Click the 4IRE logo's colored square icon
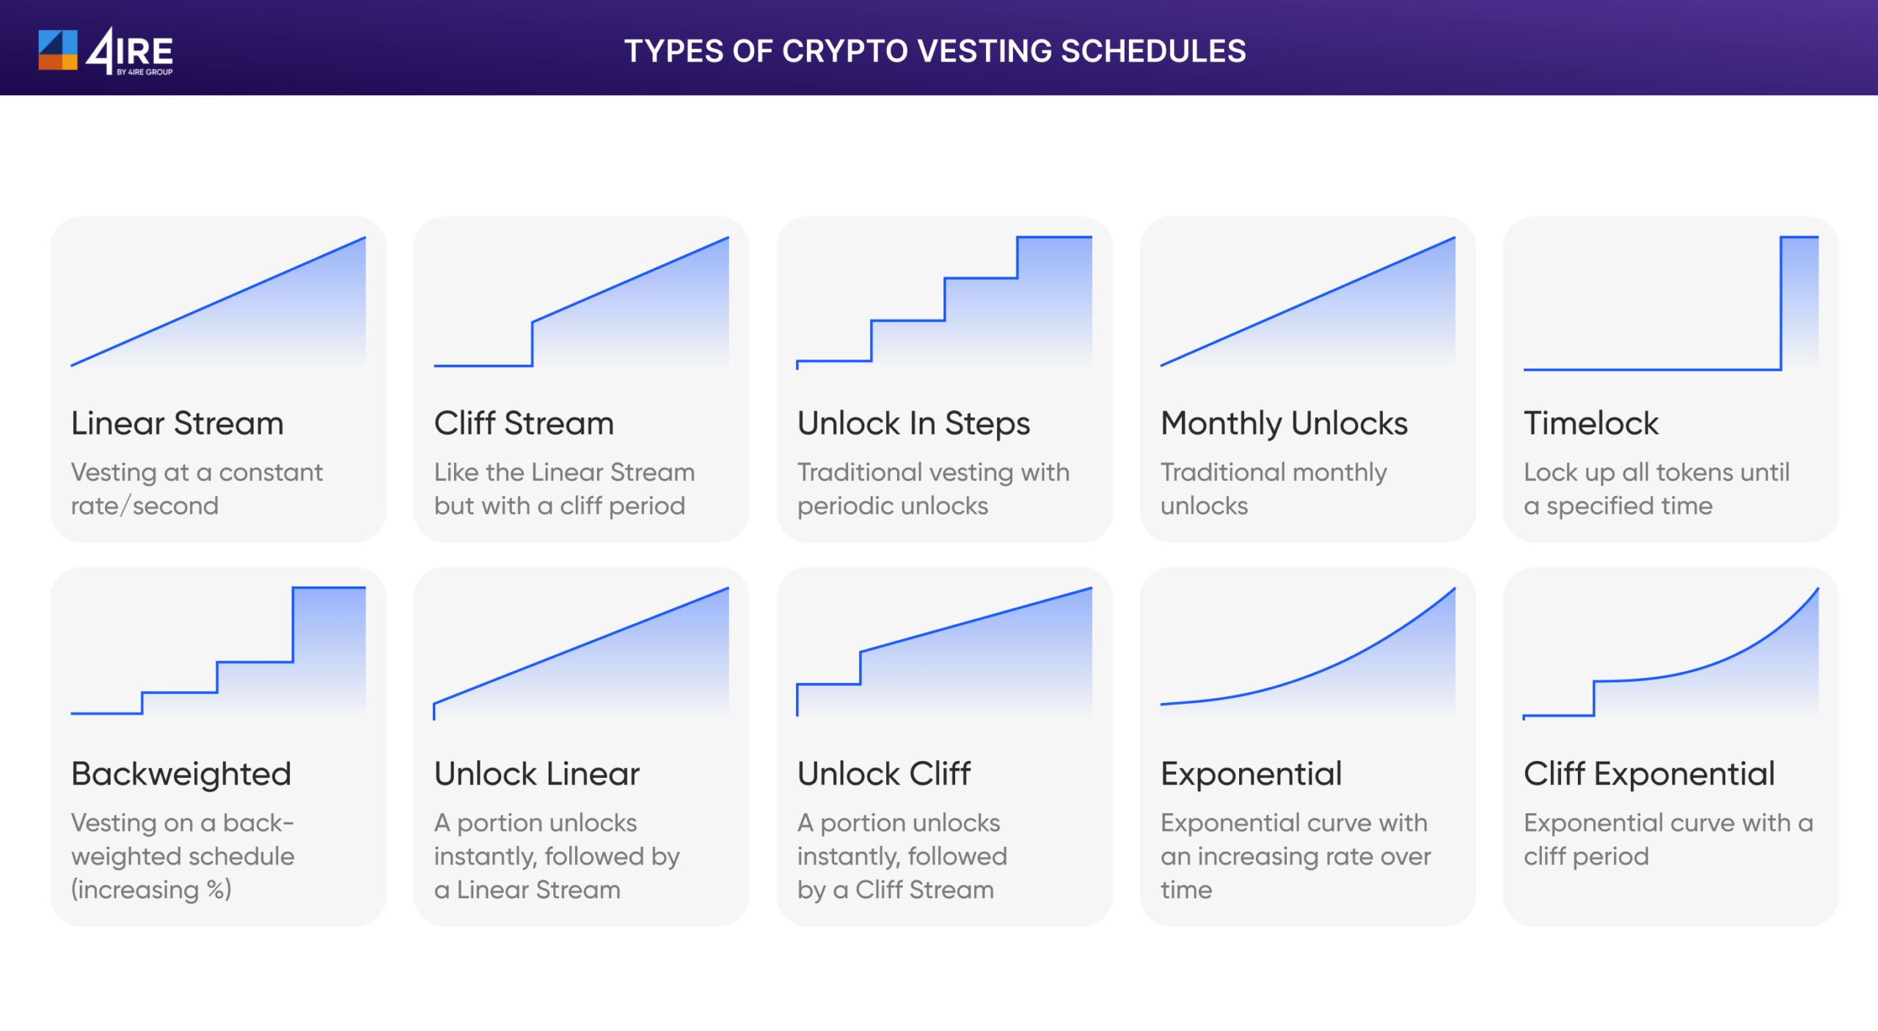pos(57,50)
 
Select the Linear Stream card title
pos(177,423)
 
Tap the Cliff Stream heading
pos(524,423)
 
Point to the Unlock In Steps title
pos(913,423)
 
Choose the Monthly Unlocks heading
pos(1284,423)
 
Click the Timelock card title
pos(1590,423)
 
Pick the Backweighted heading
pos(181,774)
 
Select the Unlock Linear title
pos(536,774)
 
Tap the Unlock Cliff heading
pos(883,774)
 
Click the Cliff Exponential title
pos(1649,774)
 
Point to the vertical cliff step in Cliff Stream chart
pos(532,343)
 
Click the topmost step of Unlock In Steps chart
pos(1054,237)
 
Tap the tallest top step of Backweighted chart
pos(329,588)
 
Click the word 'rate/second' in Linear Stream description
pos(145,506)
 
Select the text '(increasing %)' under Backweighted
pos(151,889)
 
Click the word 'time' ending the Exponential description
pos(1185,889)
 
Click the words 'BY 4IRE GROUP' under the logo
pos(145,72)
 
